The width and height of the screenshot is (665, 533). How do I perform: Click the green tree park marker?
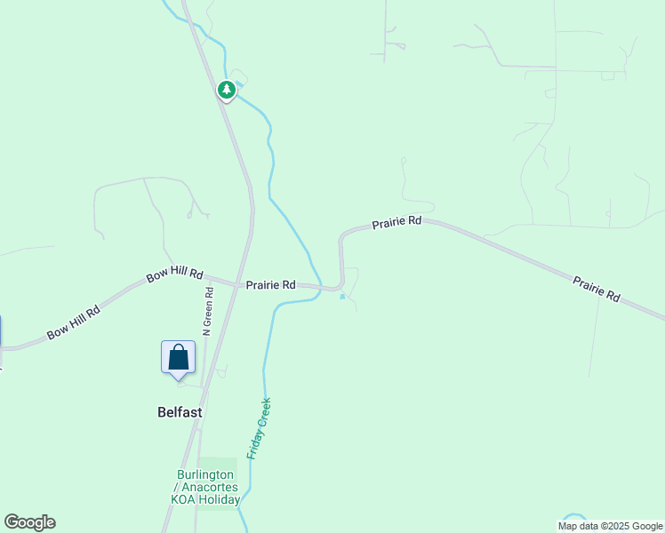[227, 90]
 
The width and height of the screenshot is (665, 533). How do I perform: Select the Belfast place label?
[180, 412]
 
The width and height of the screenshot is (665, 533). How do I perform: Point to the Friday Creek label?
[259, 428]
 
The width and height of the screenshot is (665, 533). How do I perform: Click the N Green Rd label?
[207, 311]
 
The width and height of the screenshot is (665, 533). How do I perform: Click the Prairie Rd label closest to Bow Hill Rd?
[271, 285]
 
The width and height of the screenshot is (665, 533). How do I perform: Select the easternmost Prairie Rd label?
[596, 289]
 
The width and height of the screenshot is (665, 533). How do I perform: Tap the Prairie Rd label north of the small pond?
[397, 223]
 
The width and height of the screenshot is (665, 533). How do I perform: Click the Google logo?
[29, 522]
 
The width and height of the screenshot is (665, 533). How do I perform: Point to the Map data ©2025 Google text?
[611, 526]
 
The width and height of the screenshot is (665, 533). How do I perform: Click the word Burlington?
[204, 473]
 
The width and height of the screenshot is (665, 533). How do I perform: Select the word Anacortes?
[210, 487]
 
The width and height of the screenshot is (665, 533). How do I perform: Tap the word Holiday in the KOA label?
[220, 500]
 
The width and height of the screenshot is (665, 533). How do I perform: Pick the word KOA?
[183, 500]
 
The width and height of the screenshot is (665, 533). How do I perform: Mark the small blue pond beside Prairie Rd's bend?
[342, 296]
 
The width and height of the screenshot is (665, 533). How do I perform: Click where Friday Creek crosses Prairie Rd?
[318, 286]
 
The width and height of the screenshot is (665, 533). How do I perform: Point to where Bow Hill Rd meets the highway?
[237, 284]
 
